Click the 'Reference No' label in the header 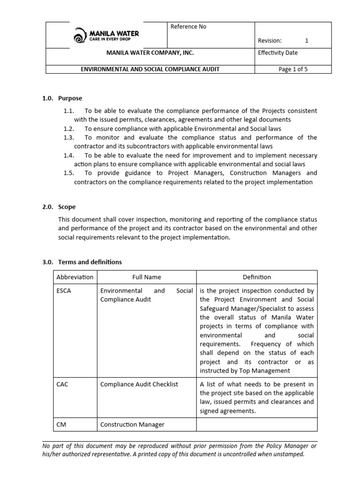[188, 27]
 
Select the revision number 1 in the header [307, 41]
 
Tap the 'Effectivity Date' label [277, 53]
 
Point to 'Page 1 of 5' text [293, 69]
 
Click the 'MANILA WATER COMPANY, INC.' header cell [150, 53]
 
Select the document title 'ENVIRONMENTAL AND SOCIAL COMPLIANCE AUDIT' [150, 69]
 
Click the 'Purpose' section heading [70, 98]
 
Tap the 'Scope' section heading [67, 207]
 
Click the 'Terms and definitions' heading [90, 262]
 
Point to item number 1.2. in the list [69, 128]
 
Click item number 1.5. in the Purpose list [69, 173]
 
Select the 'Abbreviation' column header [75, 277]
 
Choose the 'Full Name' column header [146, 277]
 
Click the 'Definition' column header [256, 277]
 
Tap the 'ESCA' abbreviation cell [64, 291]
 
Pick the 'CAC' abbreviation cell [62, 384]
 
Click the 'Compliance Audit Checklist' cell [139, 384]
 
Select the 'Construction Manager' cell [132, 425]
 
